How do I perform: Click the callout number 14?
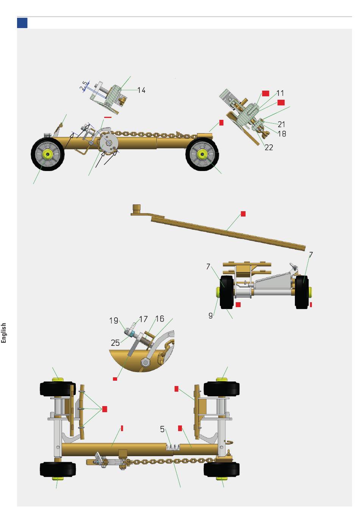tap(141, 90)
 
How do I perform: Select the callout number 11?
tap(280, 93)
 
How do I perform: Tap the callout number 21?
tap(282, 124)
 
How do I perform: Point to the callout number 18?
tap(282, 134)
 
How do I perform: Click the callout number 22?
tap(269, 147)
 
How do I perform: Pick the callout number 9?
tap(210, 315)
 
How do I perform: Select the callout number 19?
tap(114, 321)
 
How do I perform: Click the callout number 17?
tap(143, 319)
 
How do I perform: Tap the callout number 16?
tap(160, 319)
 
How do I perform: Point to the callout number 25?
tap(115, 343)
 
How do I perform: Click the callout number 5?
tap(162, 429)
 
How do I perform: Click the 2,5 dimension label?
tap(84, 86)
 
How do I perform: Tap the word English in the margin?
tap(3, 333)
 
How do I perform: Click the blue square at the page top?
tap(22, 23)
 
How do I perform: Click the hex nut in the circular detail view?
tap(145, 362)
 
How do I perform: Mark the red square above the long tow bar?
tap(243, 214)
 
